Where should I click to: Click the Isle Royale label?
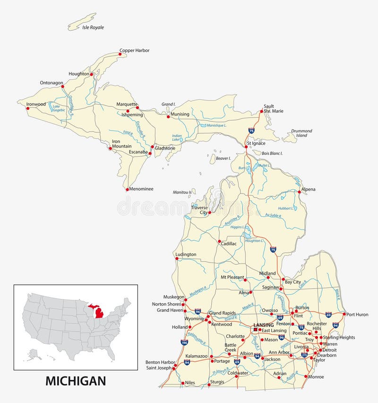tap(93, 27)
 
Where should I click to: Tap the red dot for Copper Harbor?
tap(120, 54)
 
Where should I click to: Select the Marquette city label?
tap(127, 104)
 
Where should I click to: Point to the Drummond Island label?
tap(301, 133)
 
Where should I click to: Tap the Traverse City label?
tap(199, 210)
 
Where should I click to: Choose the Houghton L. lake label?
tap(255, 241)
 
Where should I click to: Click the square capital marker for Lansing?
tap(256, 330)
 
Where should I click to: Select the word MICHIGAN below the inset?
tap(76, 380)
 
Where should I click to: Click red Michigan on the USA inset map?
tap(100, 313)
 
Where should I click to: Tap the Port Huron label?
tap(357, 314)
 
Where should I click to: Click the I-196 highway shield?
tap(184, 342)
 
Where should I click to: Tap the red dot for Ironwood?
tap(27, 108)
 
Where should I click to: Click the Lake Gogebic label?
tap(59, 108)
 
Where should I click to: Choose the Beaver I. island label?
tap(223, 158)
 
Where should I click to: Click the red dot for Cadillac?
tap(219, 242)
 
